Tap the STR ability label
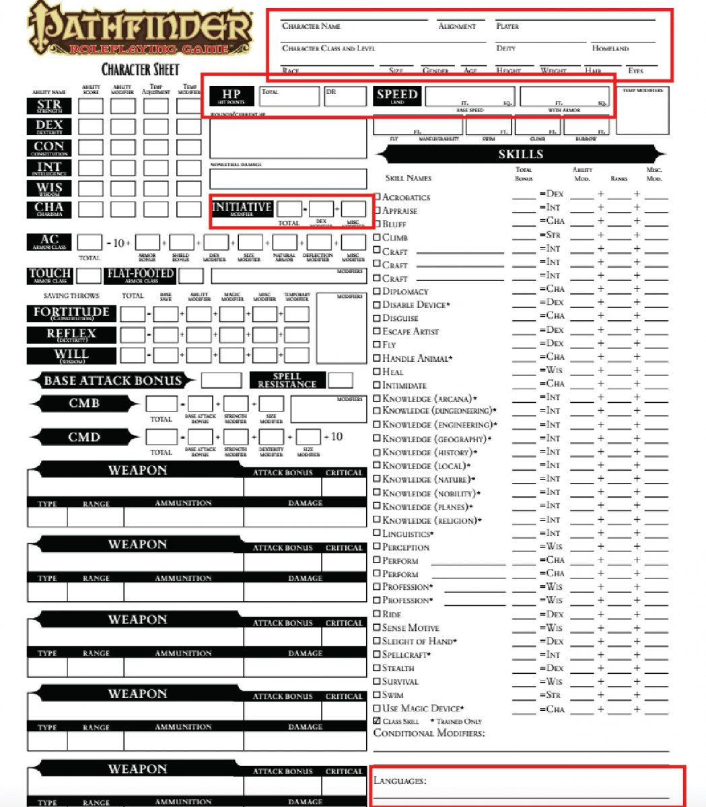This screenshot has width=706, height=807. click(49, 106)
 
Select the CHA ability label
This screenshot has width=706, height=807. click(49, 209)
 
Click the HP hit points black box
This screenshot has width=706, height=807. click(231, 96)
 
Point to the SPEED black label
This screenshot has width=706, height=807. click(397, 96)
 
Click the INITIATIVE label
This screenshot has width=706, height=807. click(242, 208)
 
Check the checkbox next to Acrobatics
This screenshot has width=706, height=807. click(378, 197)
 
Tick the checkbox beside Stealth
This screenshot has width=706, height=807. click(378, 668)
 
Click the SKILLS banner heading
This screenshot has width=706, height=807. click(520, 155)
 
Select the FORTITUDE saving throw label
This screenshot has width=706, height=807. click(71, 313)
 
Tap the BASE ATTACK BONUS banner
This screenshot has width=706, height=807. click(112, 381)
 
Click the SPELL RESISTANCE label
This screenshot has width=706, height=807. click(287, 381)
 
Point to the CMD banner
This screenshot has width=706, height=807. click(84, 437)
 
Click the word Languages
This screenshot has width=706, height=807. click(399, 781)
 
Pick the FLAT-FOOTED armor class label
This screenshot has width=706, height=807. click(141, 275)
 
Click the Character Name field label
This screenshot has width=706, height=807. click(311, 26)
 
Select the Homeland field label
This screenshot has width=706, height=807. click(610, 48)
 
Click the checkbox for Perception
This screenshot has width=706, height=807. click(378, 547)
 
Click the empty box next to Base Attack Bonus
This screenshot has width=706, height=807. click(221, 381)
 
